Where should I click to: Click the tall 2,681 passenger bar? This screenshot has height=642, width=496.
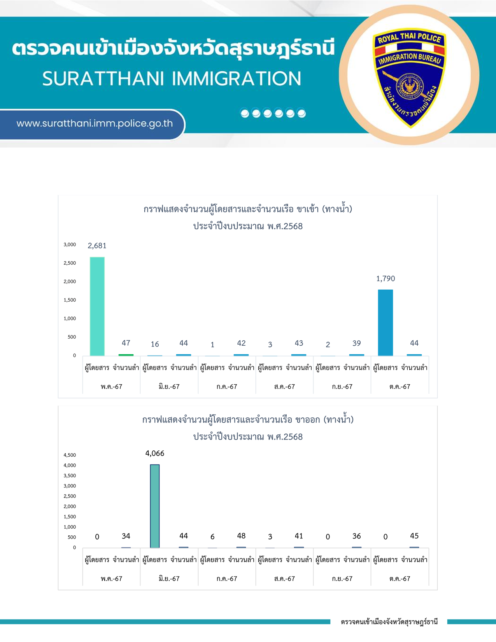coord(97,306)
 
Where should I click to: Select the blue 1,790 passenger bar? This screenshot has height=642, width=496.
coord(385,322)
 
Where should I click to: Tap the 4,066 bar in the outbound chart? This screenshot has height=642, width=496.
coord(155,506)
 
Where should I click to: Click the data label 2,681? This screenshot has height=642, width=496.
coord(97,246)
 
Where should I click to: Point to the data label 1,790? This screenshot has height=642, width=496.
coord(386,279)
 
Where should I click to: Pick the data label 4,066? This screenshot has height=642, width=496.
coord(155,454)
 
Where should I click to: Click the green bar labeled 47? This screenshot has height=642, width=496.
coord(126,355)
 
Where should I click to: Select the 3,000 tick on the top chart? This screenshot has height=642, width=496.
coord(70,244)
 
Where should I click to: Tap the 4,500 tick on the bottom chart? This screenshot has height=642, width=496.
coord(70,455)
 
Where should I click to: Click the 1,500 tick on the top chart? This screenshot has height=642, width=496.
coord(70,300)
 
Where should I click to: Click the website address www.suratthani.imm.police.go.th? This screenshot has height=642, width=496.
coord(95,124)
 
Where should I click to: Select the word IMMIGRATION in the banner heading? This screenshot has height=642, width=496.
coord(237,79)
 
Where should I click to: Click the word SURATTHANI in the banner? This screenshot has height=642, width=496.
coord(103,79)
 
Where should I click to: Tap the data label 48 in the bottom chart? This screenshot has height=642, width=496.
coord(241,536)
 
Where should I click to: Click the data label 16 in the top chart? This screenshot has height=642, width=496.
coord(155,344)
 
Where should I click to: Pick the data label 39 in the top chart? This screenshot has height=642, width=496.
coord(356,343)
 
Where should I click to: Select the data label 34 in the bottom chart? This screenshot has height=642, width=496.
coord(126,536)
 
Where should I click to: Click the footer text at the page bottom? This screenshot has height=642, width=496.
coord(389,622)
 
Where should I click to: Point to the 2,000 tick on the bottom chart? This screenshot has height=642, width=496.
coord(70,507)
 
